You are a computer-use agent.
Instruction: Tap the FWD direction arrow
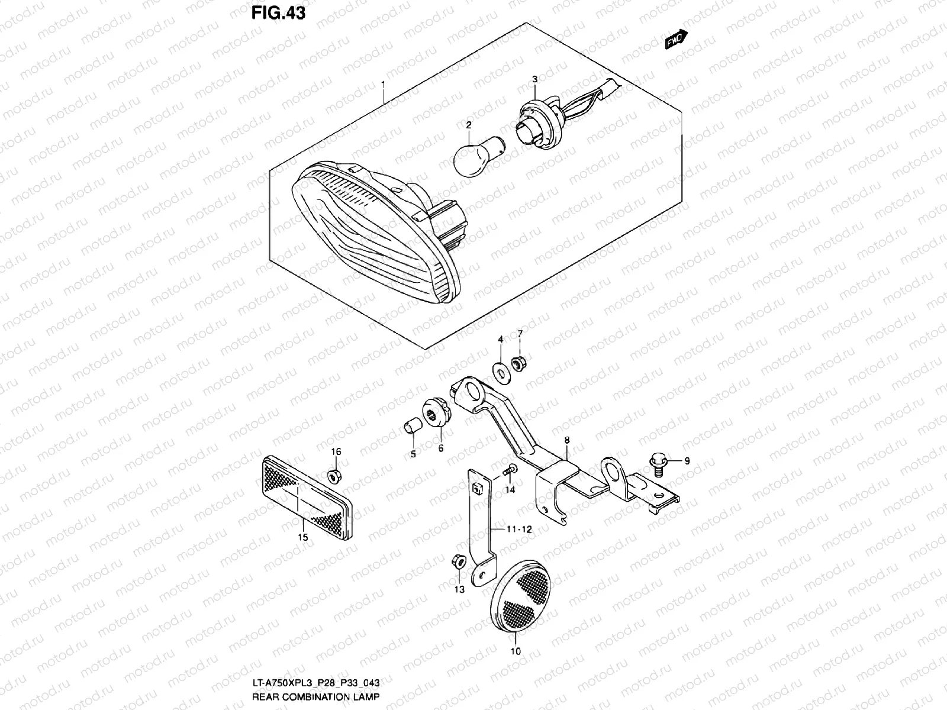tap(675, 41)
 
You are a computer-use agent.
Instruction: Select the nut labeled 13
tap(456, 561)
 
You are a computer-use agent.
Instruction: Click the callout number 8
tap(566, 440)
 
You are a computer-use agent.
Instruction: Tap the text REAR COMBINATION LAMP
tap(315, 696)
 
